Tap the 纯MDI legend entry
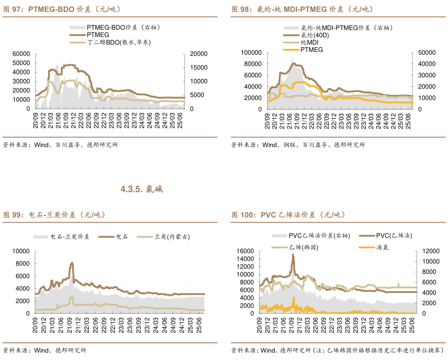[309, 43]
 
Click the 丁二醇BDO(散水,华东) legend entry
[118, 42]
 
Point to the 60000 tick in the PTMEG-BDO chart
[21, 54]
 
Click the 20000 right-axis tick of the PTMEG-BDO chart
[198, 54]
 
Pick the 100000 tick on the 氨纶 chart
[251, 52]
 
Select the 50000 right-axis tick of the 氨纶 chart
[426, 52]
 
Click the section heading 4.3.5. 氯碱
[142, 189]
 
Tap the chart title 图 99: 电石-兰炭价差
[54, 215]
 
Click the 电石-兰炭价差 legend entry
[70, 237]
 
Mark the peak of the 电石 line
[72, 263]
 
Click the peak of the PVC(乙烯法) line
[293, 254]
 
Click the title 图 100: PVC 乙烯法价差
[289, 215]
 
